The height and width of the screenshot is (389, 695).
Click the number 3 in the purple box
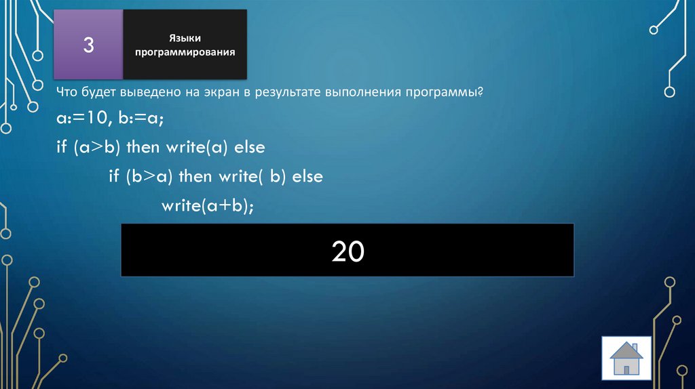[x=88, y=45]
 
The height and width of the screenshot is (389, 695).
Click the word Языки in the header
[x=185, y=38]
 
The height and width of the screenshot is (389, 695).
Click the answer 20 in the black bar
[x=347, y=251]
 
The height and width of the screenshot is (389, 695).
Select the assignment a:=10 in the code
[x=78, y=119]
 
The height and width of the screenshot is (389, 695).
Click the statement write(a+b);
[x=207, y=206]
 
